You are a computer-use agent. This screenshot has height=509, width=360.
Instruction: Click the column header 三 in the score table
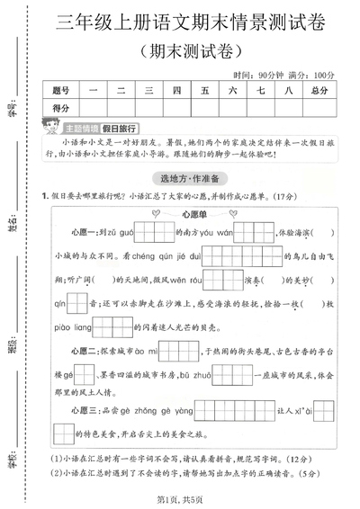[x=148, y=90]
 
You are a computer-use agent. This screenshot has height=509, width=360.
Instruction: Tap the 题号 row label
[x=60, y=90]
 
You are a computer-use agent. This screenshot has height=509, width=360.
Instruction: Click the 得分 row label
[x=60, y=108]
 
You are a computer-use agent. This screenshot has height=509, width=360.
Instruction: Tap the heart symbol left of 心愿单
[x=155, y=214]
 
